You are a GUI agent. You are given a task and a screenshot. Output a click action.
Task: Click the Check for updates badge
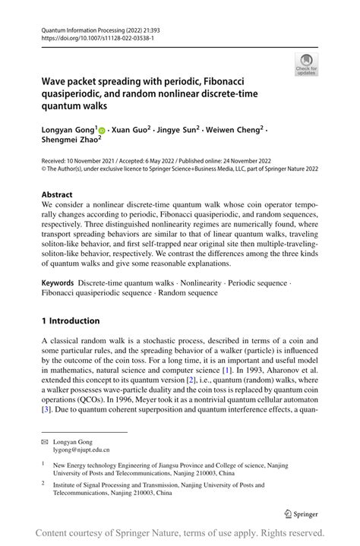click(x=305, y=64)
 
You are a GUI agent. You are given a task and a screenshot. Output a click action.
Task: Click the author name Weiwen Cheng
click(x=235, y=131)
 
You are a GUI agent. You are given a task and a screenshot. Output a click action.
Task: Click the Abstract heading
click(x=58, y=194)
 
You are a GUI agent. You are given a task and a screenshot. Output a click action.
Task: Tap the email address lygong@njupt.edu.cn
click(x=75, y=450)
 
